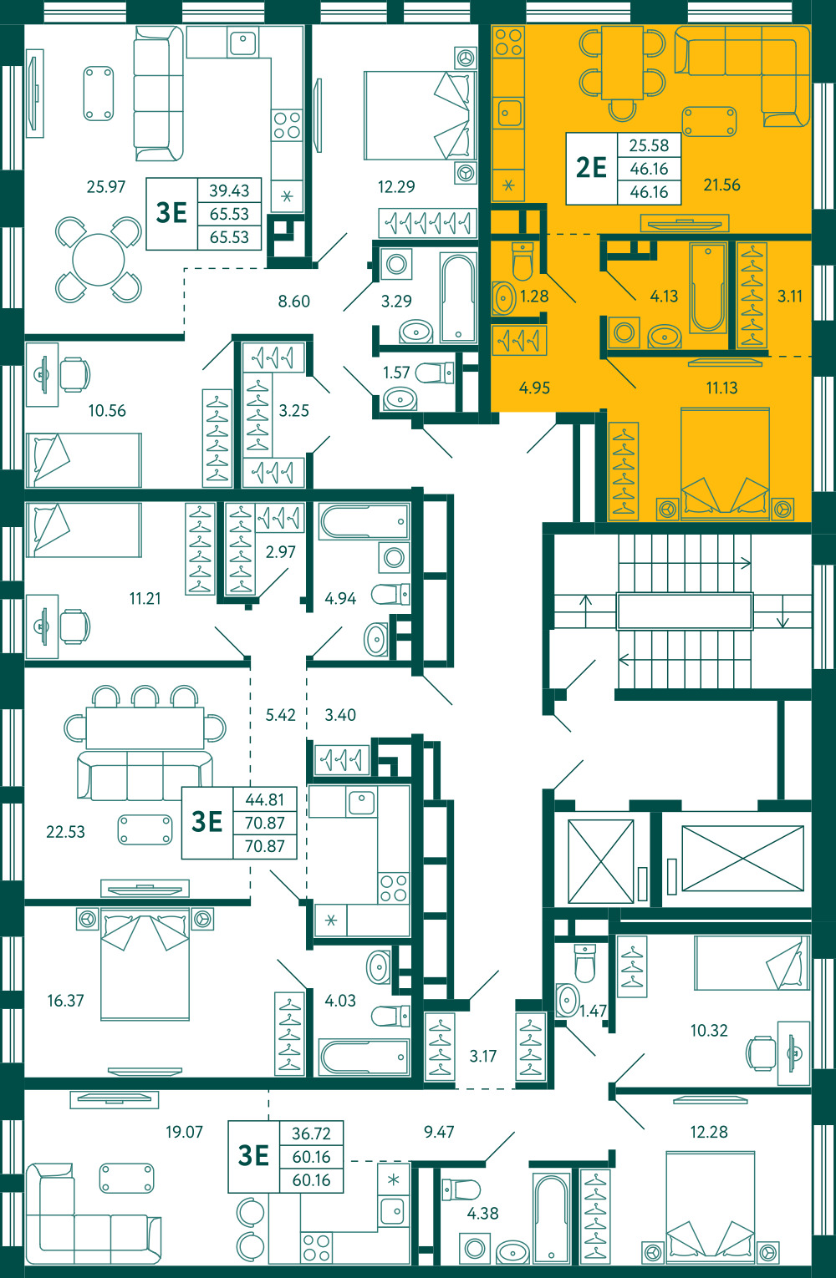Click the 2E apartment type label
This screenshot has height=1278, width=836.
(x=591, y=168)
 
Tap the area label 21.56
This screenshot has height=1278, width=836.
(x=721, y=185)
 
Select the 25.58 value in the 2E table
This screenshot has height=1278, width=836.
(x=649, y=145)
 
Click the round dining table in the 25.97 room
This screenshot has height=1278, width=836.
(x=98, y=260)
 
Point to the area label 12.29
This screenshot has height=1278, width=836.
(x=396, y=186)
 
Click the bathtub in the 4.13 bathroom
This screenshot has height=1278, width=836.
(x=708, y=287)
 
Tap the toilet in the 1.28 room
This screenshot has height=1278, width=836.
(x=522, y=261)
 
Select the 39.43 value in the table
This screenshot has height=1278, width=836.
(x=229, y=190)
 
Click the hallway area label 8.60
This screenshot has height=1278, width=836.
(x=294, y=301)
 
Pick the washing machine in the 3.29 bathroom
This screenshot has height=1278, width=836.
(x=396, y=264)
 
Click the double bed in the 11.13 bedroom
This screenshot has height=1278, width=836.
(x=725, y=464)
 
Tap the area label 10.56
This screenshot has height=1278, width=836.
(x=107, y=410)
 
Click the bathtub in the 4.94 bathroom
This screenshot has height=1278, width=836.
(x=364, y=521)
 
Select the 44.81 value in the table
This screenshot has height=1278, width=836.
(x=264, y=799)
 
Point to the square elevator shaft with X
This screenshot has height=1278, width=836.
(x=601, y=861)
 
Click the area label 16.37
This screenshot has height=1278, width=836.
(x=66, y=1000)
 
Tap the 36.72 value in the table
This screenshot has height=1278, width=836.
(x=311, y=1133)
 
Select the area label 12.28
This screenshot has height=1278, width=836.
(x=709, y=1131)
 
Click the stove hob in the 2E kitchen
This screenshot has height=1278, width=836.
(x=509, y=42)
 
